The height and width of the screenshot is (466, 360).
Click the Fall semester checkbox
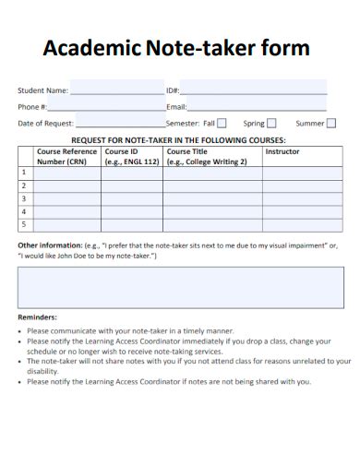(x=222, y=123)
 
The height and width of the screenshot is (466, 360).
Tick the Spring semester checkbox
(x=272, y=123)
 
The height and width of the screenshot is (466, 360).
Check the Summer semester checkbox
(x=331, y=123)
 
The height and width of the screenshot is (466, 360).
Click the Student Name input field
(x=116, y=91)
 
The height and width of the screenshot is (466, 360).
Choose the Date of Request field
(x=120, y=123)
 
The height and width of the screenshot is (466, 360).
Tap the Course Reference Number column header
(x=66, y=155)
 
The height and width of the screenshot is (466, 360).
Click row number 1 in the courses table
(x=24, y=173)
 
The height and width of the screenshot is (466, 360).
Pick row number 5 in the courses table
(x=24, y=224)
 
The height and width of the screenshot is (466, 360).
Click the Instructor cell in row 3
(x=294, y=198)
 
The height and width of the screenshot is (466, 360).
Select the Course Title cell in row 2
(x=212, y=185)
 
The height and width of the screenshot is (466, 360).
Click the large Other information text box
(x=180, y=287)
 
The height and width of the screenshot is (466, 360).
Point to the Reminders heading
(x=38, y=317)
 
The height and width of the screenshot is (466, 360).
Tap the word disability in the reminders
(x=43, y=372)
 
